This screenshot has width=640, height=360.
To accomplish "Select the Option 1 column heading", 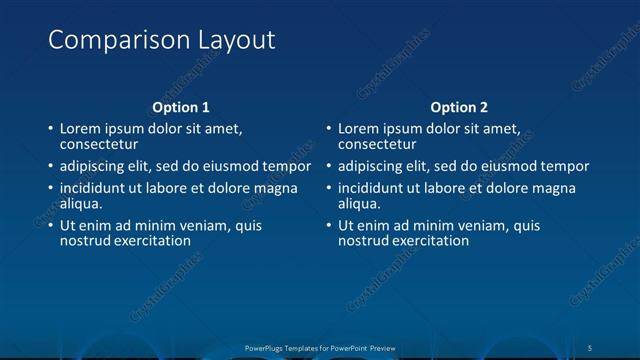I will [181, 107].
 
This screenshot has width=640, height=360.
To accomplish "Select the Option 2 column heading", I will [460, 107].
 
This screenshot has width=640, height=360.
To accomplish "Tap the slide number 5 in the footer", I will [590, 347].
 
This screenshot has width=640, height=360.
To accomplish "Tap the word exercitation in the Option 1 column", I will [150, 241].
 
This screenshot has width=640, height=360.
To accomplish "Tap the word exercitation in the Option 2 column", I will [428, 241].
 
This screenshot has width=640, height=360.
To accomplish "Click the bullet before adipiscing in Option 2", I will [329, 167].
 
